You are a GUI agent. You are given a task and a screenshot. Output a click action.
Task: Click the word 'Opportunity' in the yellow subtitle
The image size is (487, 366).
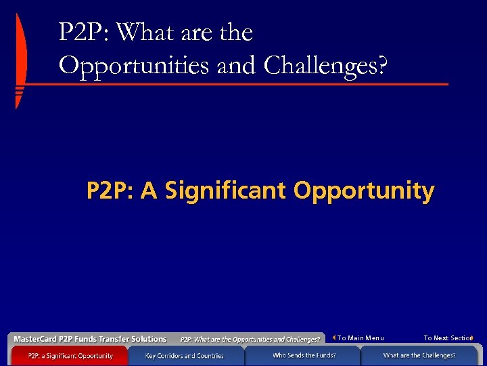(x=364, y=191)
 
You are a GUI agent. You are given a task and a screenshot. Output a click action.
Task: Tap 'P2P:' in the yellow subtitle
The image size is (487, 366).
(x=109, y=191)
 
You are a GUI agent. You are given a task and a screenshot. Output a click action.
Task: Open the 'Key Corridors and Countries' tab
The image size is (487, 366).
(x=184, y=355)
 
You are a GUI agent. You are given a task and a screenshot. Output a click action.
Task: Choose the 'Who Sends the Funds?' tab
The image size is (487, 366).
(x=304, y=355)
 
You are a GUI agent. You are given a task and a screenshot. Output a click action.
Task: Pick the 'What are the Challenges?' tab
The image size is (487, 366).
(x=419, y=355)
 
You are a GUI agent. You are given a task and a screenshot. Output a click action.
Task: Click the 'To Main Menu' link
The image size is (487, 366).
(x=361, y=338)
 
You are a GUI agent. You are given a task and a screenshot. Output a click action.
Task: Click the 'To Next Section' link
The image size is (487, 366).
(x=447, y=338)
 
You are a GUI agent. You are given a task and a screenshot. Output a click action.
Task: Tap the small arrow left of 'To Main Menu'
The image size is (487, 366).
(x=334, y=338)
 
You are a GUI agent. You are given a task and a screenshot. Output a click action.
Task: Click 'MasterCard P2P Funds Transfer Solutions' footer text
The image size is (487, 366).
(x=90, y=339)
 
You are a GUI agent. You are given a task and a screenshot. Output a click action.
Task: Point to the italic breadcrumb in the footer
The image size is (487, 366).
(x=250, y=339)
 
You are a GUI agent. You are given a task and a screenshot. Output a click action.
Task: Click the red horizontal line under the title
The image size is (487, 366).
(x=237, y=85)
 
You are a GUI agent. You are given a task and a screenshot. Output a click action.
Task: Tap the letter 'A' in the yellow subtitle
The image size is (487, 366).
(x=149, y=191)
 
